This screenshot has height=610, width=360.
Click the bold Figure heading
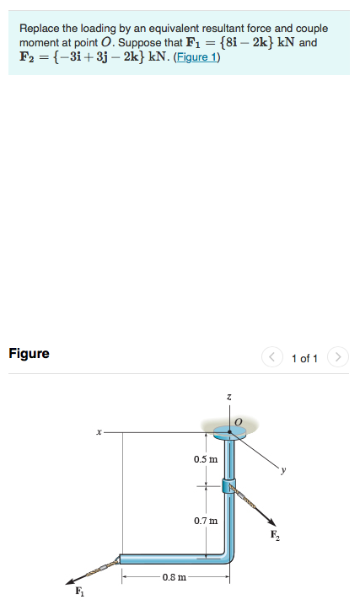point(30,354)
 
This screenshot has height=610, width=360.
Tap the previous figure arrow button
point(272,359)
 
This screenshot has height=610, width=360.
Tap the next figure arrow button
point(337,359)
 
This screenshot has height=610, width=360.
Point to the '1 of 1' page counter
point(304,359)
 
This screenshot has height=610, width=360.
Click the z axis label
point(228,395)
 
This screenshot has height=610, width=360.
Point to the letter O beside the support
point(238,419)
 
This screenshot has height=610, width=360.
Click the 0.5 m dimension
point(205,459)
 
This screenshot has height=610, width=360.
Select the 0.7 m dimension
point(205,522)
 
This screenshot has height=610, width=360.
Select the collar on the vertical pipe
point(228,485)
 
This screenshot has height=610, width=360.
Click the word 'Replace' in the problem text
point(39,29)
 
